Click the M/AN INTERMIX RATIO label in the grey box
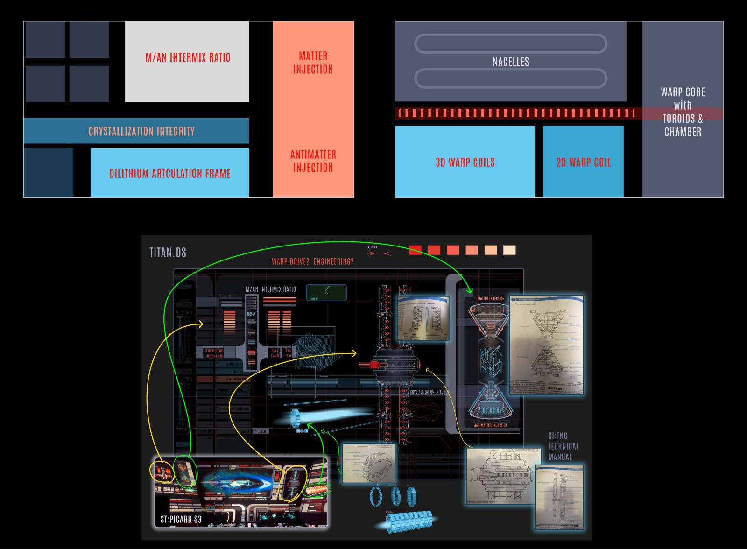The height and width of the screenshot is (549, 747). [x=188, y=57]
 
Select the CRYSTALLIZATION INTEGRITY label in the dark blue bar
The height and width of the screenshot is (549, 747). [x=141, y=131]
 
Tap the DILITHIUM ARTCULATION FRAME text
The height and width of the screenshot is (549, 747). [x=170, y=174]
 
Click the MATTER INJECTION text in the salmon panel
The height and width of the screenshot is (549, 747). [x=313, y=63]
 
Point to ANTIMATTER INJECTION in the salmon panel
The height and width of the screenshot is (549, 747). [x=313, y=161]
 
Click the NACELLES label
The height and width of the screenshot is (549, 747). [x=511, y=62]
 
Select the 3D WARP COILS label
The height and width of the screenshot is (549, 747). [x=465, y=162]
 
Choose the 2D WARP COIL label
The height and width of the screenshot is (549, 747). [x=584, y=162]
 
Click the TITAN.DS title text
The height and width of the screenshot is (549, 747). [x=168, y=253]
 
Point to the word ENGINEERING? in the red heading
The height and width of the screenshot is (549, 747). [x=333, y=261]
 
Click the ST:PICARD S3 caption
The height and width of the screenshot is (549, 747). [x=181, y=519]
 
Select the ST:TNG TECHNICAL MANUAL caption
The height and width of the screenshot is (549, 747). [x=563, y=446]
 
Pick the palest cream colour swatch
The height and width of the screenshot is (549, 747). [x=509, y=250]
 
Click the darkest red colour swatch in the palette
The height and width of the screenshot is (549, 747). [x=415, y=250]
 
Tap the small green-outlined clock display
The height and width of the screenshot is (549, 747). [x=326, y=292]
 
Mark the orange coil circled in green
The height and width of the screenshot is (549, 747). [x=317, y=490]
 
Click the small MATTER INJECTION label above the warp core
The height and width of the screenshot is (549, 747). [x=491, y=298]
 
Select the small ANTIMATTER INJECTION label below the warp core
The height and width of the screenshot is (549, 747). [x=491, y=425]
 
